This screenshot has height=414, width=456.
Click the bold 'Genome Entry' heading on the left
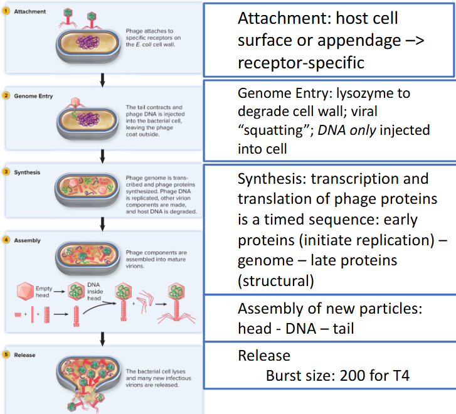33,97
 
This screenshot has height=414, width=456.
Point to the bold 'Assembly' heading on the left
27,240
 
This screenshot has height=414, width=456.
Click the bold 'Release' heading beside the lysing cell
25,355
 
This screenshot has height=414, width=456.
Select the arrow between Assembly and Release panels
102,339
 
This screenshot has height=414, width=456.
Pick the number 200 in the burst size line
356,377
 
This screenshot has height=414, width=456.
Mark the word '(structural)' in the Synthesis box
275,280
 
